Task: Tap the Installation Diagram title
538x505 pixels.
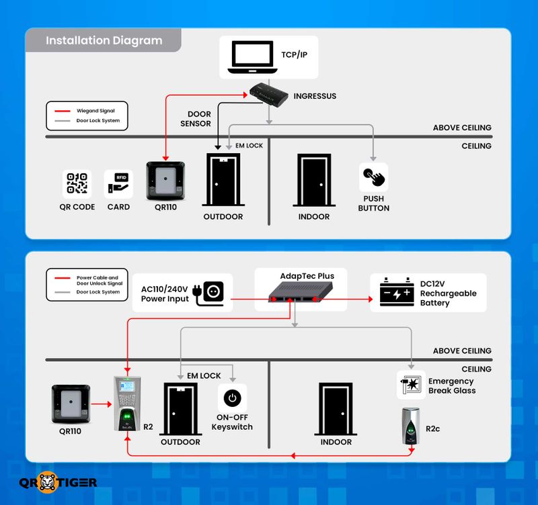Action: (x=104, y=40)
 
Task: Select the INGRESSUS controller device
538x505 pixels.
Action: (x=268, y=95)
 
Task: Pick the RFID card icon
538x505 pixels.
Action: (x=119, y=183)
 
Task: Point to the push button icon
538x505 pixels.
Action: (x=373, y=177)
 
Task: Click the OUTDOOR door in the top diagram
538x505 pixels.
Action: (x=223, y=180)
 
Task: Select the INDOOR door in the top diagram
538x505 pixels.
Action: (x=314, y=180)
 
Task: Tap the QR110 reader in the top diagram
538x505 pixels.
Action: (x=167, y=180)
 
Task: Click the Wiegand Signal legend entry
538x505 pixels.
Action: (x=86, y=111)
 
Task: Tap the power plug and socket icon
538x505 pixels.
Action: (x=209, y=293)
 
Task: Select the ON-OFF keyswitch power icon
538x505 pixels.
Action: (x=232, y=398)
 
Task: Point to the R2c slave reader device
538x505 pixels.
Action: (x=411, y=426)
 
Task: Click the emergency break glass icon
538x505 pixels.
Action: (x=411, y=385)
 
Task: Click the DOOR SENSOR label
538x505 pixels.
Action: (x=196, y=119)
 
